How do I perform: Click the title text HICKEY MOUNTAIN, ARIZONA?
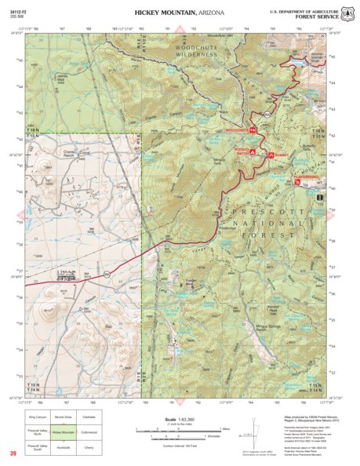click(180, 13)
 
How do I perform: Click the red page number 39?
click(13, 454)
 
